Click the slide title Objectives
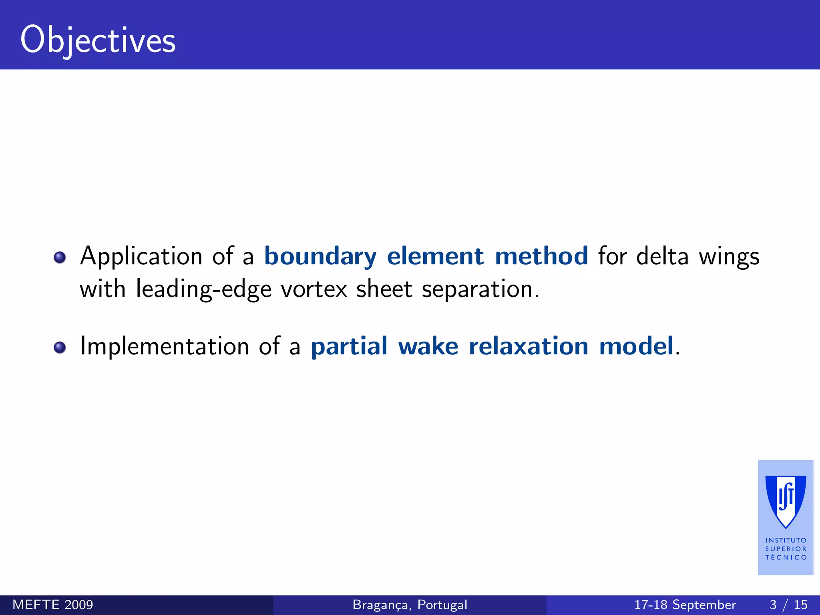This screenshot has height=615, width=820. coord(98,40)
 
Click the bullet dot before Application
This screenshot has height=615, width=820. coord(60,257)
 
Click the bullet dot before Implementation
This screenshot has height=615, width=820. coord(60,347)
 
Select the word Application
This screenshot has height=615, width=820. coord(141,256)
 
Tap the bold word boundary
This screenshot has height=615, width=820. coord(320,256)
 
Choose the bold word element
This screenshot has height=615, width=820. coord(435,256)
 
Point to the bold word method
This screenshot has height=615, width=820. coord(541,256)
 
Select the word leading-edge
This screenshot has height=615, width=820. coord(203,289)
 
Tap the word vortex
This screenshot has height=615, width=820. coord(314,289)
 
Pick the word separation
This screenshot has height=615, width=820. coord(480,289)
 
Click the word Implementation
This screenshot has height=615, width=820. coord(165,346)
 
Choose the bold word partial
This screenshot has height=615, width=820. coord(349,346)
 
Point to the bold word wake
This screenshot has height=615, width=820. coord(428,346)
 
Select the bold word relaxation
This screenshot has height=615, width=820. coord(529,346)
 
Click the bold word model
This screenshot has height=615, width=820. coord(636,346)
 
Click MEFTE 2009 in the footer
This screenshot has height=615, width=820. coord(53,605)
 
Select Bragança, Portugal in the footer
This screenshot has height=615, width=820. coord(410,605)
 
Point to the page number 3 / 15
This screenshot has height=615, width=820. coord(788,605)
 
